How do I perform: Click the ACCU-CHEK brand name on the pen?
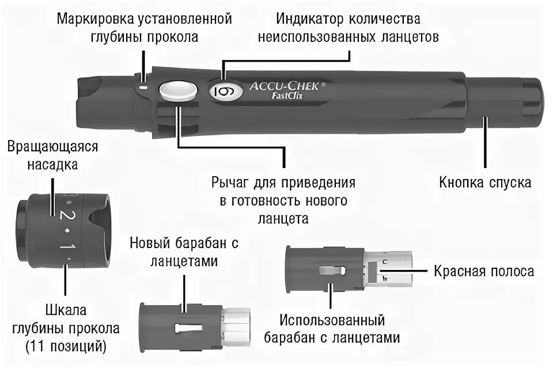tap(283, 87)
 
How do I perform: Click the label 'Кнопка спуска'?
tap(485, 183)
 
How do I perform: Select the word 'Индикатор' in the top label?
tap(309, 19)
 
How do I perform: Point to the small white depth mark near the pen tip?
tap(144, 86)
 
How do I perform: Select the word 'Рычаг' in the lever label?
tap(230, 184)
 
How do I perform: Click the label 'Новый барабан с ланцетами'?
tap(184, 252)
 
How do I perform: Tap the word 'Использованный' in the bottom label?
tap(332, 320)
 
